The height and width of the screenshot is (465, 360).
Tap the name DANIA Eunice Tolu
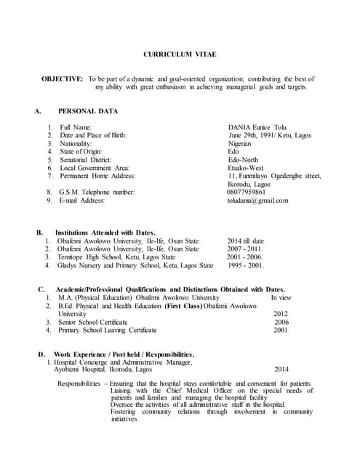coord(257,127)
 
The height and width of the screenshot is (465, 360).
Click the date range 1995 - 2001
coord(247,265)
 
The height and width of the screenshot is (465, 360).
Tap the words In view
coord(281,298)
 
